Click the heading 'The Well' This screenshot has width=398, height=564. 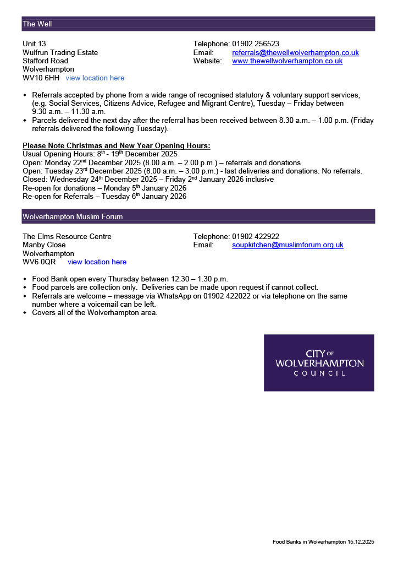(37, 24)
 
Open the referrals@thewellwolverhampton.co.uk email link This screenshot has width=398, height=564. (295, 53)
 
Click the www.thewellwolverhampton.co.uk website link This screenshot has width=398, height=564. (287, 61)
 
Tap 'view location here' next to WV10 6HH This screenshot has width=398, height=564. (95, 78)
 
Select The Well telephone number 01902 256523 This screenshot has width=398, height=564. (256, 44)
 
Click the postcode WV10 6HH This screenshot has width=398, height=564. (41, 78)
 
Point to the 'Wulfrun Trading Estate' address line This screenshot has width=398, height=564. (60, 53)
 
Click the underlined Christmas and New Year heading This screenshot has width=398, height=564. (116, 146)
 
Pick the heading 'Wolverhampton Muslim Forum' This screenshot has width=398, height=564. (73, 217)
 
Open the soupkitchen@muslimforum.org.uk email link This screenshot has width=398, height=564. (288, 245)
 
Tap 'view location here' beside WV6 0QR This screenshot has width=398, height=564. (97, 262)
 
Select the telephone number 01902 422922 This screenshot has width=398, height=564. (256, 237)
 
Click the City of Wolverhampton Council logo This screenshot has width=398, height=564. (319, 363)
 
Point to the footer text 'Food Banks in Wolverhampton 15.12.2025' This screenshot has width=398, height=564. (323, 542)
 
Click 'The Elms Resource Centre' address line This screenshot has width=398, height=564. (67, 237)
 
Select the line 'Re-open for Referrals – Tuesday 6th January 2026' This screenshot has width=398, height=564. (104, 197)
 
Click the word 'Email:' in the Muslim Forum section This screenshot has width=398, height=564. (203, 245)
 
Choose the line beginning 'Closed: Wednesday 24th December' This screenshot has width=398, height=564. (148, 180)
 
